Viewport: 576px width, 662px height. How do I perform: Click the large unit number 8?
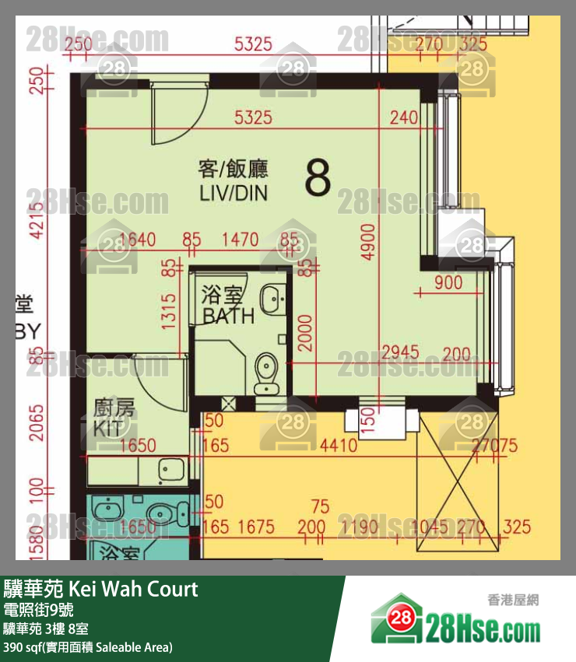[x=318, y=177]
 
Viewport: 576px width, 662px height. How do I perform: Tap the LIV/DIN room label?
[x=233, y=191]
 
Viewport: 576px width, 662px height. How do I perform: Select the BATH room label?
[x=227, y=315]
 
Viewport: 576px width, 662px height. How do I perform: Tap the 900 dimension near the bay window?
[x=448, y=283]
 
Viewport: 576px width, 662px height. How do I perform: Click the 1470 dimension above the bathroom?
[x=240, y=240]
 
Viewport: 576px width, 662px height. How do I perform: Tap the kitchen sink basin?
[x=168, y=469]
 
